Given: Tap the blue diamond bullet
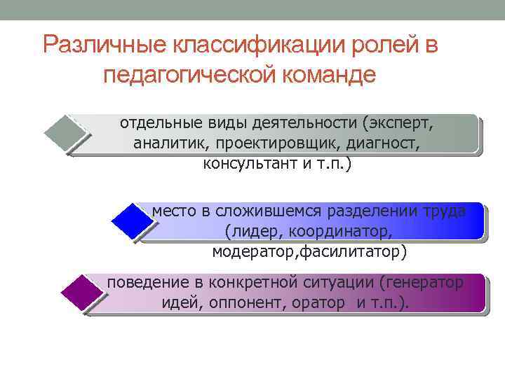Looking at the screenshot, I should pyautogui.click(x=132, y=221).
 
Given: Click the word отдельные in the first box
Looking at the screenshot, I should pyautogui.click(x=152, y=124).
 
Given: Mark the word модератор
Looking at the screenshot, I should pyautogui.click(x=255, y=251).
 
